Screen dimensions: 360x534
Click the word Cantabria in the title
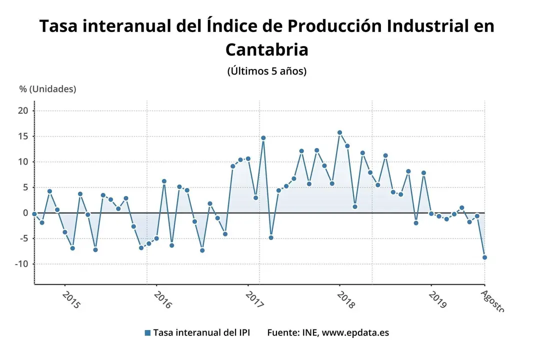pos(266,49)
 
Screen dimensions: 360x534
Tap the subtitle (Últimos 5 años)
pos(266,71)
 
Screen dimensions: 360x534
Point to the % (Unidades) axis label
pos(48,89)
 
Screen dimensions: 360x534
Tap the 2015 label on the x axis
pos(71,300)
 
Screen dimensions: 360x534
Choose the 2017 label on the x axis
pos(255,300)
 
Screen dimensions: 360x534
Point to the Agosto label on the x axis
pos(492,300)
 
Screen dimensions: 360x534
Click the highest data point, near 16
pos(339,132)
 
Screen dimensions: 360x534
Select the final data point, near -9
pos(484,257)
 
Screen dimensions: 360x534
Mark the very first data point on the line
pos(34,213)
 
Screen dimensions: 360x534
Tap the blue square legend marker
pos(147,333)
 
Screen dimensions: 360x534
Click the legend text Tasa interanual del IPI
pos(201,333)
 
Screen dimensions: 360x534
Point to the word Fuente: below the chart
pos(282,333)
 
